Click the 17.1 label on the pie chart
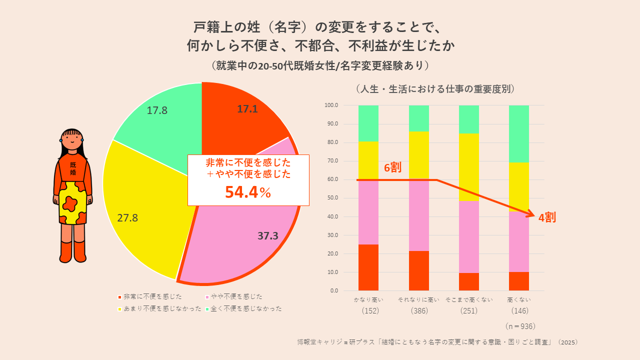tap(247, 109)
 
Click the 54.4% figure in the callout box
tap(248, 192)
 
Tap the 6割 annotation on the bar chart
tap(392, 168)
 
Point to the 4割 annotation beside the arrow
tap(547, 218)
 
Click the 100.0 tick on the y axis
tap(331, 105)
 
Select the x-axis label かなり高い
tap(368, 299)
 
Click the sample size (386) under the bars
tap(418, 310)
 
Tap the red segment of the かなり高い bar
tap(368, 267)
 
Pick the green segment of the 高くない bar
tap(518, 133)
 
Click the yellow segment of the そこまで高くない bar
tap(468, 167)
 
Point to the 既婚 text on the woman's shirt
tap(73, 168)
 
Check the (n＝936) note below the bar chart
tap(520, 326)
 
